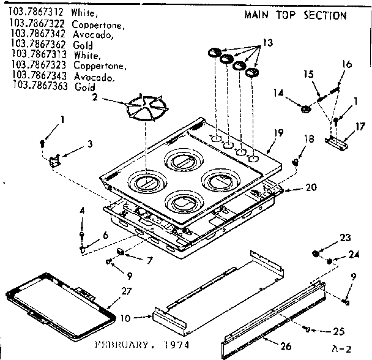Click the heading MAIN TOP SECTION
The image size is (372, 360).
click(295, 15)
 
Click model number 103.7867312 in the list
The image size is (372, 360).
click(35, 12)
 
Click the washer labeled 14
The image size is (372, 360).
click(304, 109)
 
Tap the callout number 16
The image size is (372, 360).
click(346, 63)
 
